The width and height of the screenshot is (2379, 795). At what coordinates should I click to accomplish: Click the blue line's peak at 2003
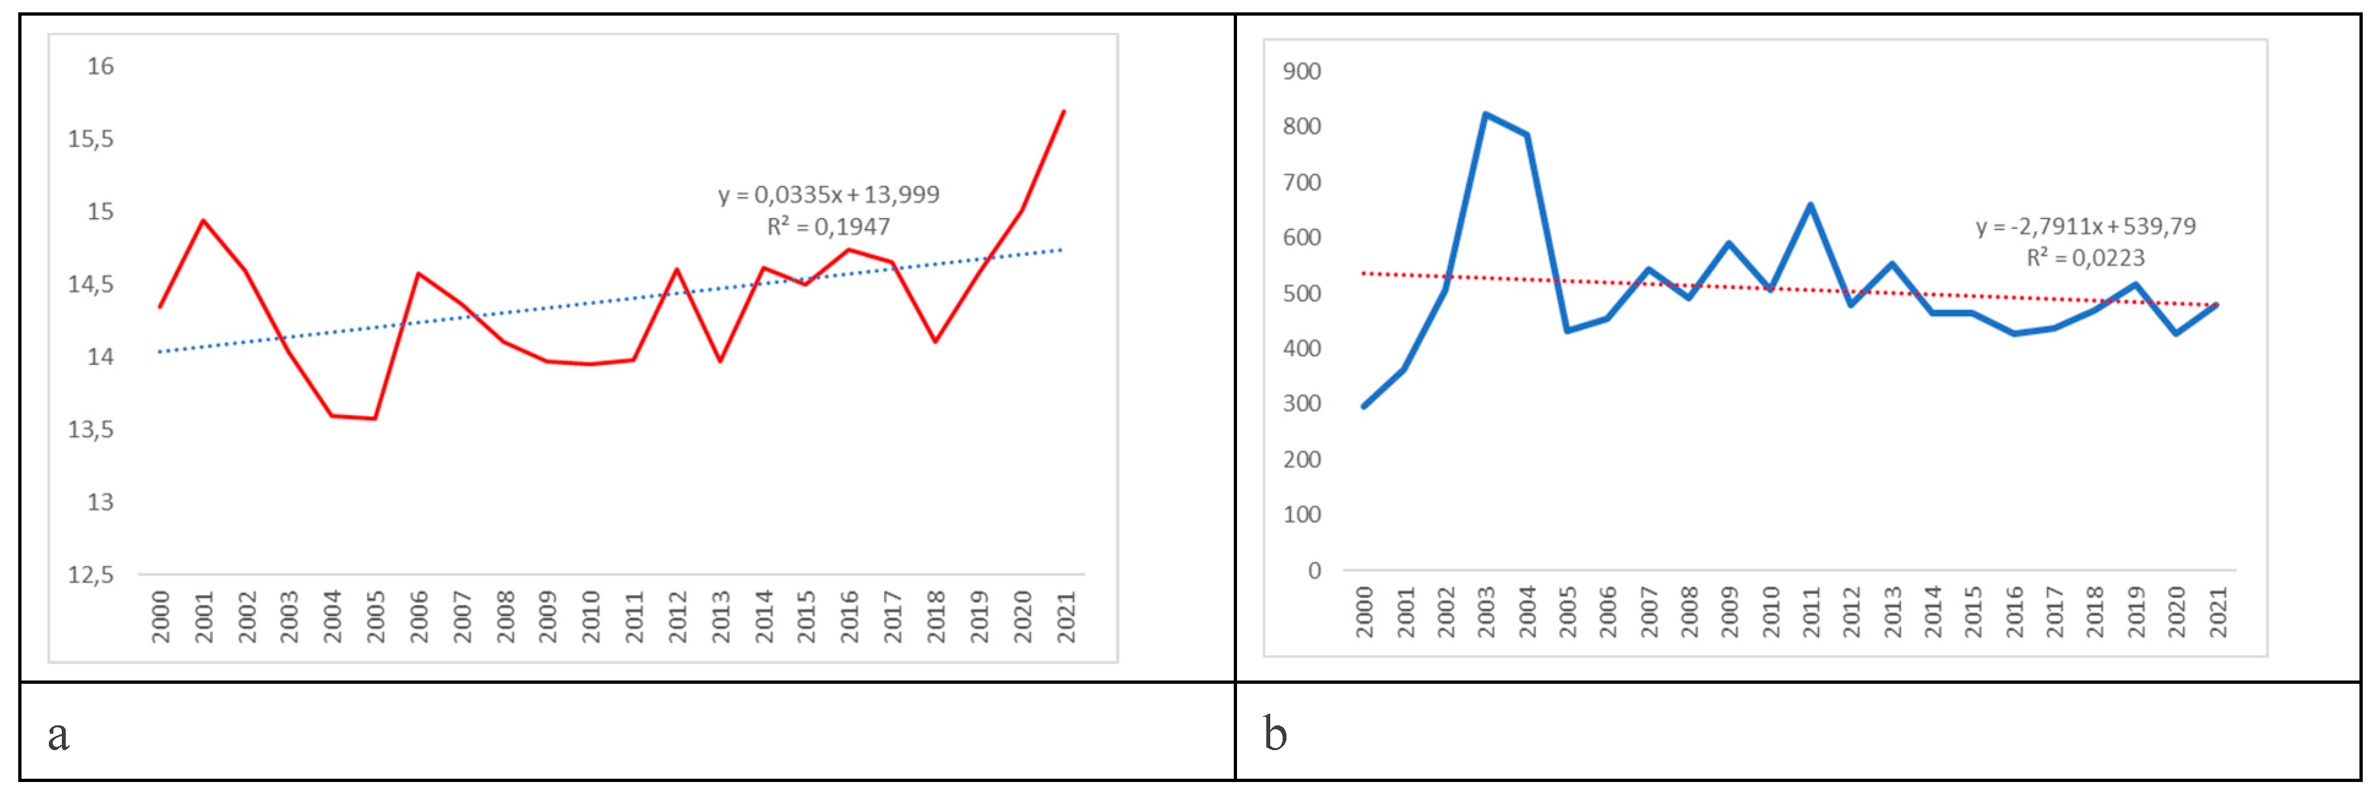coord(1485,115)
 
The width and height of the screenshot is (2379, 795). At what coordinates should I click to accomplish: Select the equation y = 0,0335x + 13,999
coord(828,195)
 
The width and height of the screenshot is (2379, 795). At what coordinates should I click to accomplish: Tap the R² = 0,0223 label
coord(2085,258)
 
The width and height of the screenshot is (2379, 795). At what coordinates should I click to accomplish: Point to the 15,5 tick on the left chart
coord(90,139)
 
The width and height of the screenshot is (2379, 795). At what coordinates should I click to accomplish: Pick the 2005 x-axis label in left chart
coord(375,616)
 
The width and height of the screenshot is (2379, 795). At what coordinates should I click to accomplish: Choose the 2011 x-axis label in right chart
coord(1811,612)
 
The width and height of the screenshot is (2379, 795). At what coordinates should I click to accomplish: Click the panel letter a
coord(58,735)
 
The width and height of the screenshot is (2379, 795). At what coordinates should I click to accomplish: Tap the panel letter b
coord(1275,735)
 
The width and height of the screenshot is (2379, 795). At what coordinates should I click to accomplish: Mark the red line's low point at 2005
coord(374,418)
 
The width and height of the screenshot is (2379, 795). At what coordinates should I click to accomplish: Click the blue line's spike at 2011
coord(1810,205)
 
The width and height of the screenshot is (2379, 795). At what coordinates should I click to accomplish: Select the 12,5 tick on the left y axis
coord(90,575)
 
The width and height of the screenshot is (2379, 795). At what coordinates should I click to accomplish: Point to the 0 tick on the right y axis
coord(1314,571)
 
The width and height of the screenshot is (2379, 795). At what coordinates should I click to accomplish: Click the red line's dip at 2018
coord(936,342)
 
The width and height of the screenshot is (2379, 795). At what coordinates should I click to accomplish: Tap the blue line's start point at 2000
coord(1364,406)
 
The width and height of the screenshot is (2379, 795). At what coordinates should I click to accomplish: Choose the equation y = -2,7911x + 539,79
coord(2085,226)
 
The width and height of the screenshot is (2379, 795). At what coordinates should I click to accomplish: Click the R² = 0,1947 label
coord(828,226)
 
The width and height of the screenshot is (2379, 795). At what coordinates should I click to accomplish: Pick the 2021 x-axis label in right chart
coord(2218,612)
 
